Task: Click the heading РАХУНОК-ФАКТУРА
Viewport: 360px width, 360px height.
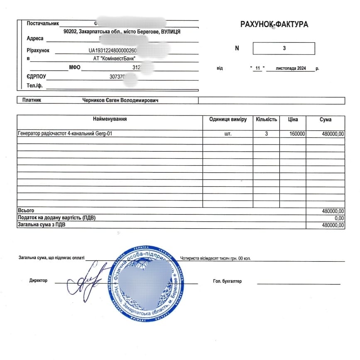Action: point(274,24)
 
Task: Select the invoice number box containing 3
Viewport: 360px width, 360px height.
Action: point(284,48)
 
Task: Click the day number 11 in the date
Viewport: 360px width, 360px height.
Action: point(257,68)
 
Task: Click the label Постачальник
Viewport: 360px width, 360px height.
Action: point(43,24)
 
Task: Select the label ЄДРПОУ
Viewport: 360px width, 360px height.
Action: point(36,76)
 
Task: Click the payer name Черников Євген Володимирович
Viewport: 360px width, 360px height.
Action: point(120,100)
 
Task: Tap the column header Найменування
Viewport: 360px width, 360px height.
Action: point(110,120)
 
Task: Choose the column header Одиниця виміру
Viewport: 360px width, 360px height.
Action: point(228,120)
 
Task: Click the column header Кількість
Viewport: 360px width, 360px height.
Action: point(266,120)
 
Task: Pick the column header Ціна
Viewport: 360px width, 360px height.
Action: point(293,120)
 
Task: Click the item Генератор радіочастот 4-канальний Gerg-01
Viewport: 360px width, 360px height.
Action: point(65,134)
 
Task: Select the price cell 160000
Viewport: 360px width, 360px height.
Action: point(297,134)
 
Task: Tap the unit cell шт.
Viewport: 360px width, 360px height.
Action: point(228,134)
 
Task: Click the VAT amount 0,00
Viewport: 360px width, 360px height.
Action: point(339,218)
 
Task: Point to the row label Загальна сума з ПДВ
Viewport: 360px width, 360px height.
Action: point(42,225)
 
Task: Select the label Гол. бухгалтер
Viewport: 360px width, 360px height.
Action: point(227,281)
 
